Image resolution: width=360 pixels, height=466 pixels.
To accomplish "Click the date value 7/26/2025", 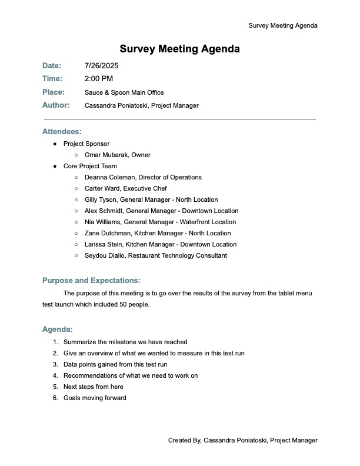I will tap(101, 66).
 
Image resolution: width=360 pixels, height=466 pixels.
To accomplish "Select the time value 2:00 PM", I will tap(99, 79).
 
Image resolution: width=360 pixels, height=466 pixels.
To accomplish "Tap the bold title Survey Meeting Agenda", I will tap(179, 49).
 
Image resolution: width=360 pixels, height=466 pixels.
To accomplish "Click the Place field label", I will tap(53, 92).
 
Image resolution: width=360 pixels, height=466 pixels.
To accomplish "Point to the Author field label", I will tap(56, 105).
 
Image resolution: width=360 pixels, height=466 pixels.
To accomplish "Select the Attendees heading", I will tap(62, 132).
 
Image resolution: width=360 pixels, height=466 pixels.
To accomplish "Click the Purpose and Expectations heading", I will tap(91, 280).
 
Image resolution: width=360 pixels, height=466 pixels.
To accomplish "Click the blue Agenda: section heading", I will tap(58, 329).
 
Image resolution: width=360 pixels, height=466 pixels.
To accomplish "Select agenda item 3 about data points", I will tap(115, 364).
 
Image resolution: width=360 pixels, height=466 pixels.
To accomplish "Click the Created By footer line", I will tap(242, 440).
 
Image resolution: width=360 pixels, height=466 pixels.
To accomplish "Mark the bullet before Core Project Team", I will tap(55, 167).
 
